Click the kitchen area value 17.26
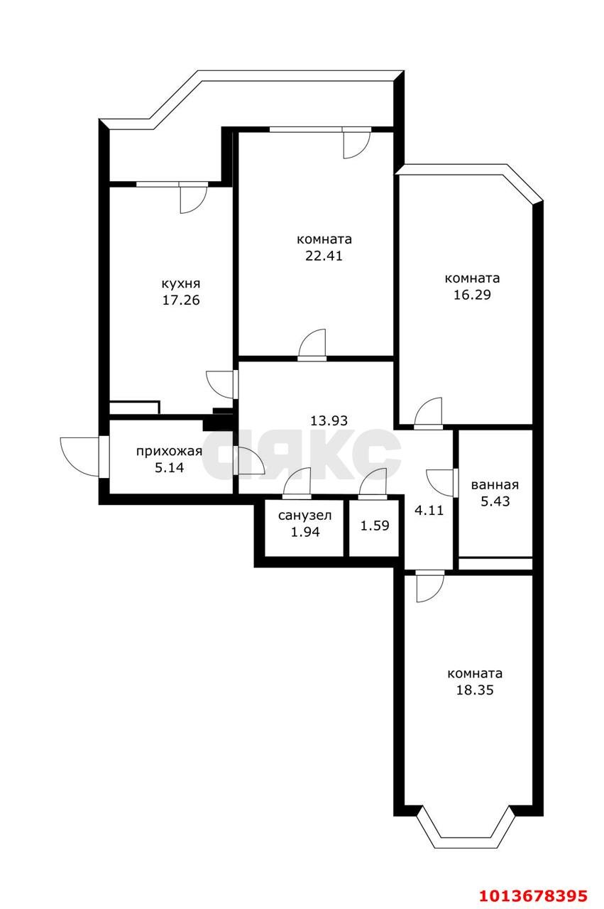pyautogui.click(x=181, y=300)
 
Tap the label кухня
pyautogui.click(x=181, y=283)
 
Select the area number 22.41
pyautogui.click(x=324, y=256)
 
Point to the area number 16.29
pyautogui.click(x=472, y=295)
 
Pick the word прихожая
pyautogui.click(x=169, y=451)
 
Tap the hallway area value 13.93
pyautogui.click(x=329, y=420)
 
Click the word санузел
pyautogui.click(x=305, y=516)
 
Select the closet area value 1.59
pyautogui.click(x=375, y=526)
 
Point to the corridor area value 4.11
pyautogui.click(x=429, y=510)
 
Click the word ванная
pyautogui.click(x=495, y=485)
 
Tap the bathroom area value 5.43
pyautogui.click(x=495, y=501)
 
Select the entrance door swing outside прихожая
pyautogui.click(x=81, y=457)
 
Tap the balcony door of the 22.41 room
pyautogui.click(x=356, y=143)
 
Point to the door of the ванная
pyautogui.click(x=442, y=482)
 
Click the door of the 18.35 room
pyautogui.click(x=430, y=586)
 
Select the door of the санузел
pyautogui.click(x=297, y=484)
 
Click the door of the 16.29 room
pyautogui.click(x=428, y=413)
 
